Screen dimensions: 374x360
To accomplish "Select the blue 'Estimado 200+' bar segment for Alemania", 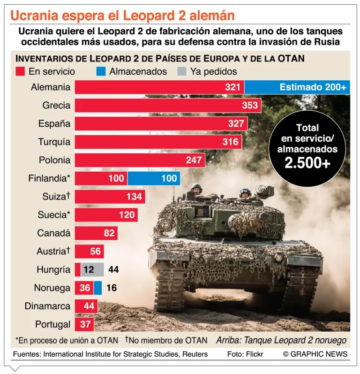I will coord(297,87).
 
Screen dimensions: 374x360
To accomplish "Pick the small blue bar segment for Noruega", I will coord(97,288).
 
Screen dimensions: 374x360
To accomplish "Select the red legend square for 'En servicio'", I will coord(20,72).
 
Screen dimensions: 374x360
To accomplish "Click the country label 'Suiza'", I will coord(51,197).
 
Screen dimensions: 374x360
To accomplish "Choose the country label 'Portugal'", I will coord(52,324).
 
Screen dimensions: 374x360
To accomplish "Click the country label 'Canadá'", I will coord(53,233).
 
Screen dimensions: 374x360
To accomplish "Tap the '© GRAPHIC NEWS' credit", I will coord(315,354).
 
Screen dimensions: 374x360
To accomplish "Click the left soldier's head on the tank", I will coord(197,188).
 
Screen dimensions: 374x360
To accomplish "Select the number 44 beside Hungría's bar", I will coord(113,269).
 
